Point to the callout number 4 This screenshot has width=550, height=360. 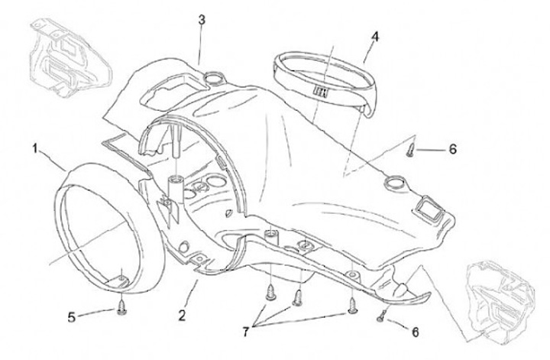pos(375,36)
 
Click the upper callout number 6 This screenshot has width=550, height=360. pos(452,149)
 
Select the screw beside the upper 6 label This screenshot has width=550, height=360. pos(411,148)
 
